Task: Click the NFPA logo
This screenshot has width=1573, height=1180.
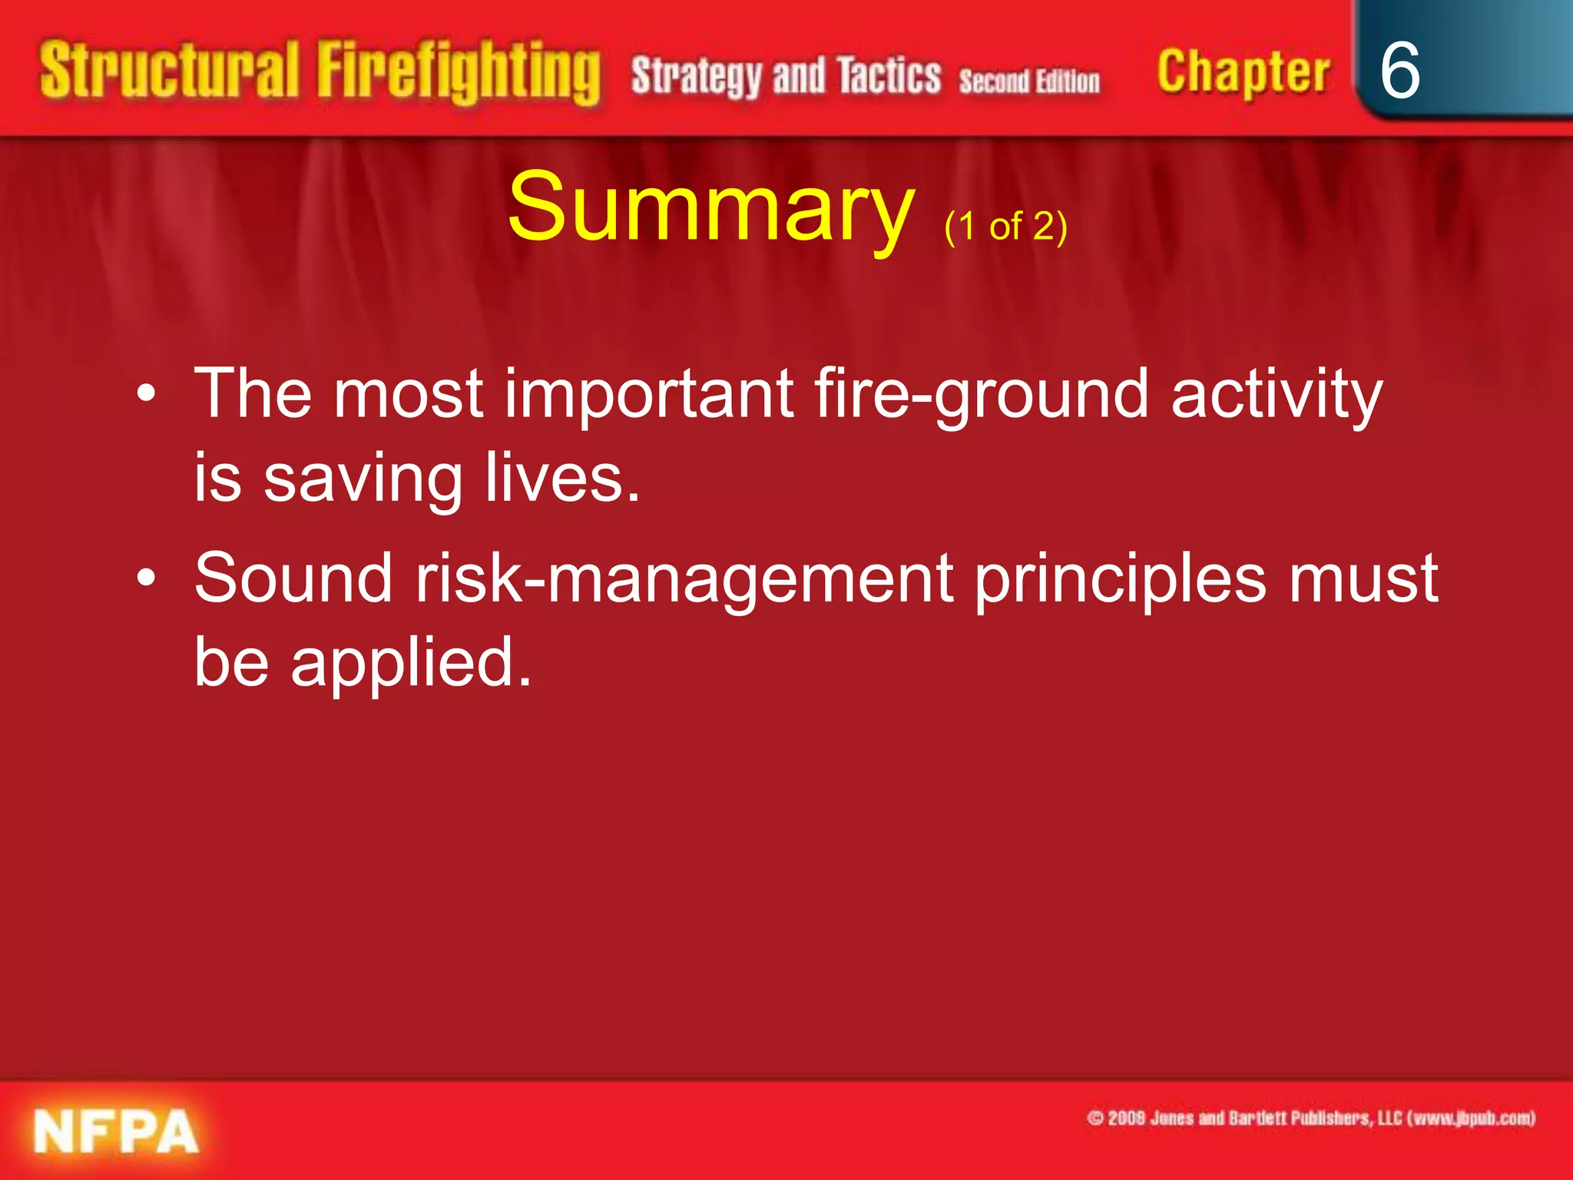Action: coord(115,1132)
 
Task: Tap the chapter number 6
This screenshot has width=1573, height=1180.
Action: coord(1399,71)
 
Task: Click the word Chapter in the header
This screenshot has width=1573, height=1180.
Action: coord(1243,74)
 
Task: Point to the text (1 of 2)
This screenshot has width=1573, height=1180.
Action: coord(1005,227)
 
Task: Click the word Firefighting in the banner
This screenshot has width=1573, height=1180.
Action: coord(459,73)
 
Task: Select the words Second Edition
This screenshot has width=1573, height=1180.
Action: coord(1029,81)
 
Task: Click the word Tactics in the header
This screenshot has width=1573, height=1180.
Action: coord(889,77)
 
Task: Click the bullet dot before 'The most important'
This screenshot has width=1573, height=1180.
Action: coord(146,395)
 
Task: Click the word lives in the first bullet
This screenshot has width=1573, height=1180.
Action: coord(562,478)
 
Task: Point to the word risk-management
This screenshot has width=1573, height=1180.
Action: coord(684,579)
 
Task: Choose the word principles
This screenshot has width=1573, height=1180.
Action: coord(1120,579)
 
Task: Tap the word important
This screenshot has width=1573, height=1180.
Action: coord(648,393)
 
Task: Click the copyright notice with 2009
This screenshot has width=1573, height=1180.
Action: coord(1310,1118)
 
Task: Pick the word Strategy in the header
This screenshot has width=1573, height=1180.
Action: coord(696,77)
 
